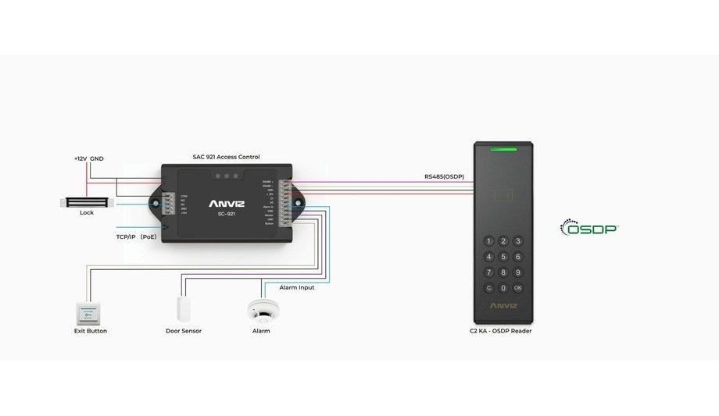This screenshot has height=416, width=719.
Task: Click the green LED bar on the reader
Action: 503,148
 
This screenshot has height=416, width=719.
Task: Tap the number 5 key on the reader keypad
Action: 503,256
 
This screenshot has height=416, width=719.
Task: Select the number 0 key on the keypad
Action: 503,287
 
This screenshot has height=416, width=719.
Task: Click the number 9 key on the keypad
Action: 517,272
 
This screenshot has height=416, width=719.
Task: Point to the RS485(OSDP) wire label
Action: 444,176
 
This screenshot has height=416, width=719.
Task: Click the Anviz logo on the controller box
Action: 226,204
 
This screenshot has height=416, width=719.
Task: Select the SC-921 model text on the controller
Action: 226,215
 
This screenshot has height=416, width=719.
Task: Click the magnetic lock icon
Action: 86,202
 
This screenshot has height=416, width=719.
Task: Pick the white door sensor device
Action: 184,308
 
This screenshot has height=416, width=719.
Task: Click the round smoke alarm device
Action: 260,310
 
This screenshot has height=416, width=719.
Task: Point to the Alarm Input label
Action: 297,287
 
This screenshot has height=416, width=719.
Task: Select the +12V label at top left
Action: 80,158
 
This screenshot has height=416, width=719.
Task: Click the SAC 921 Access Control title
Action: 226,157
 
